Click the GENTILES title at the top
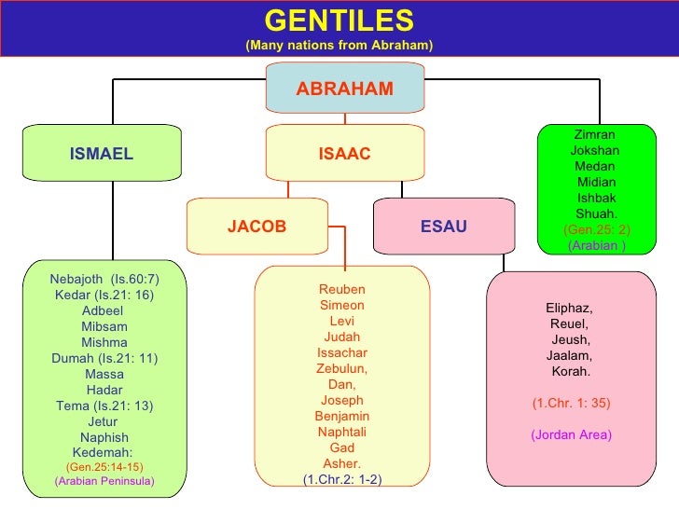(x=339, y=20)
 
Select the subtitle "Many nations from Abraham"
(x=339, y=46)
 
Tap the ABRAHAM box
(x=344, y=89)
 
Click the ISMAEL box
(x=102, y=154)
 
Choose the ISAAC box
(x=344, y=154)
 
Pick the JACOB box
(x=256, y=227)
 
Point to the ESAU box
(x=444, y=227)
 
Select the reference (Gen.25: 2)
(x=597, y=229)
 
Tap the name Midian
(x=597, y=182)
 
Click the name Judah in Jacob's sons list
(x=342, y=337)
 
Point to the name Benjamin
(x=342, y=417)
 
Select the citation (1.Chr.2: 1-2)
(x=342, y=479)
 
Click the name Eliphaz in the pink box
(x=569, y=308)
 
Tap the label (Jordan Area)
(x=571, y=435)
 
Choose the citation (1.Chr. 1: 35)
(x=571, y=404)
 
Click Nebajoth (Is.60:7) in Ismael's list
(x=104, y=280)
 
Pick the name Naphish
(x=104, y=437)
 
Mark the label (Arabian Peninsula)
(x=104, y=481)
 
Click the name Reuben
(x=342, y=290)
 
